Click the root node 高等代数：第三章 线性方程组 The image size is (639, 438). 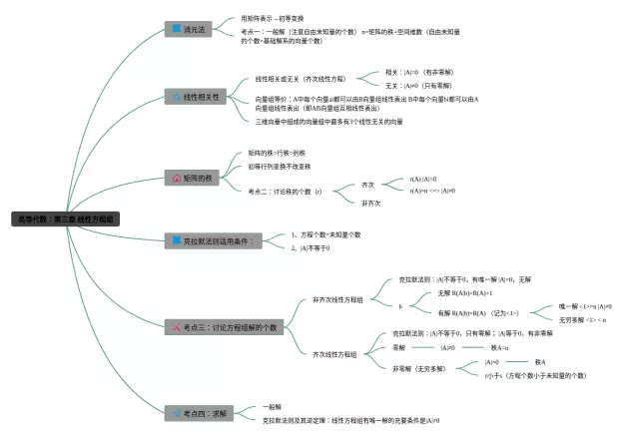coord(66,218)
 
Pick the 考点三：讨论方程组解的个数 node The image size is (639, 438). coord(226,326)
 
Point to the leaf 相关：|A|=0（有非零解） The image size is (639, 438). coord(419,72)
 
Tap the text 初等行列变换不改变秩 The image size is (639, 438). coord(280,166)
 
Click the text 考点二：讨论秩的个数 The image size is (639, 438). coord(286,191)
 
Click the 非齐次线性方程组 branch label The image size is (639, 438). coord(337,299)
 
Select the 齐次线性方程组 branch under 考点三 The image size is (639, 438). coord(334,354)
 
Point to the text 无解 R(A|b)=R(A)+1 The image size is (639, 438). coord(465,293)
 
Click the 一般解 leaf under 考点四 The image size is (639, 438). coord(272,406)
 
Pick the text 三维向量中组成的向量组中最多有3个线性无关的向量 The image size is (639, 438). coord(329,121)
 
